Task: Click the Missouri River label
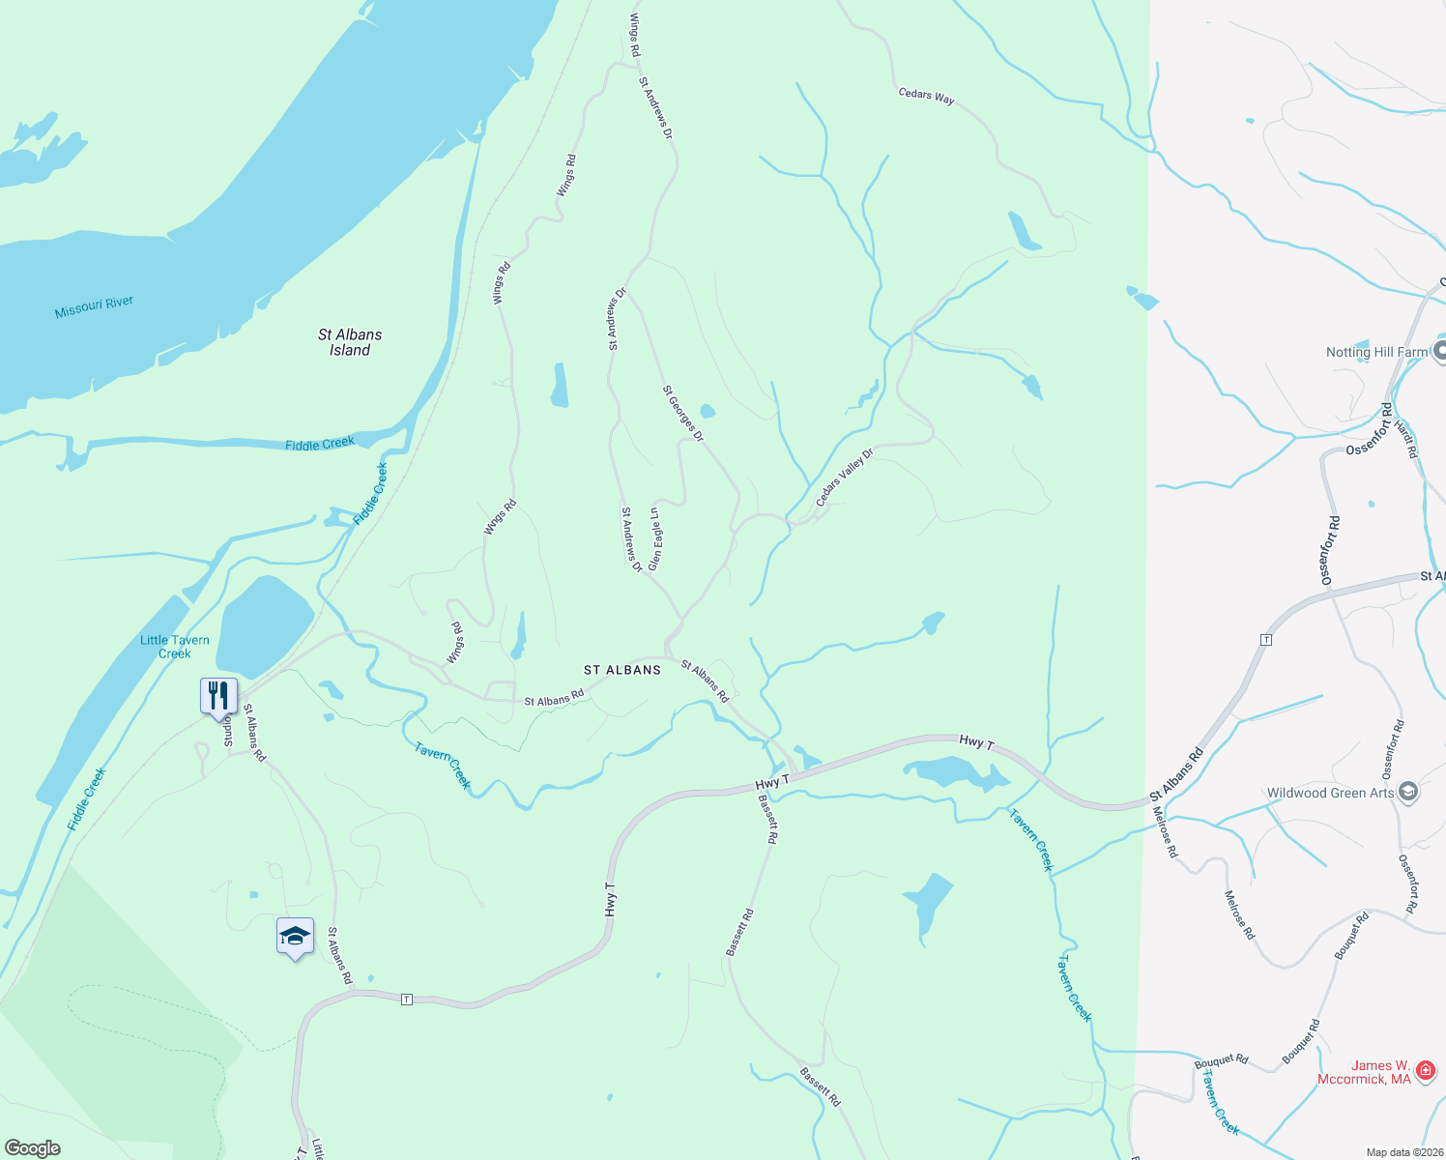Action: [x=94, y=307]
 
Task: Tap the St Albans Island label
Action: [x=350, y=342]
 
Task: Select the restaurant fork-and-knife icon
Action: [x=218, y=695]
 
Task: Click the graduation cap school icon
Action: [x=295, y=936]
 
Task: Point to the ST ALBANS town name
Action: [x=622, y=670]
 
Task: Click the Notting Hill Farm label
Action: [x=1376, y=353]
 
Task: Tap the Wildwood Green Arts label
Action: [x=1330, y=794]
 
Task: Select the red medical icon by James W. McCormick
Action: [x=1425, y=1070]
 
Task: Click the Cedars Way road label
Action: [x=926, y=96]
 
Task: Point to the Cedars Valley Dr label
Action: [x=844, y=477]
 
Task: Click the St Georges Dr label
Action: [x=683, y=414]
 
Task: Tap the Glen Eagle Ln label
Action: [x=656, y=538]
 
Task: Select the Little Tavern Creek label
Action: [x=175, y=647]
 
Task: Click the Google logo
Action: [x=33, y=1148]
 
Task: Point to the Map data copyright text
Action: [x=1404, y=1152]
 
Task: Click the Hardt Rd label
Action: [x=1406, y=439]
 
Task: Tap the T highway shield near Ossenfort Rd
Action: [x=1265, y=640]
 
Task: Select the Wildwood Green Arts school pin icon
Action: [x=1408, y=793]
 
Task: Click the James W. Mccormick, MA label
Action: [x=1365, y=1072]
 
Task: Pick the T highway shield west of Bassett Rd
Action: [x=407, y=1000]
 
